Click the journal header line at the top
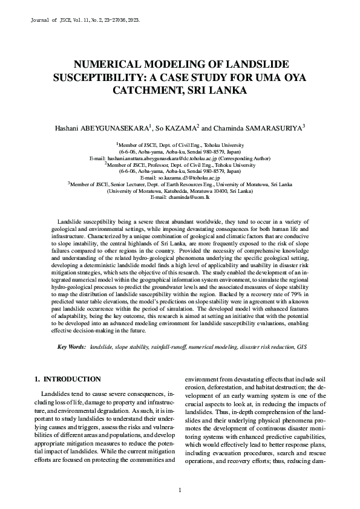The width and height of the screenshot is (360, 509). pos(85,20)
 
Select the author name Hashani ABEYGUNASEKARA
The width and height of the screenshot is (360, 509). pos(102,128)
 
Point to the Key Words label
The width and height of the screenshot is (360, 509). pos(71,347)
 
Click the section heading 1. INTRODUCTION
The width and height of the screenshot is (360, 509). pos(67,379)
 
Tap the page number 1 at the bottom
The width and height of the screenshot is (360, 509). pos(180,490)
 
